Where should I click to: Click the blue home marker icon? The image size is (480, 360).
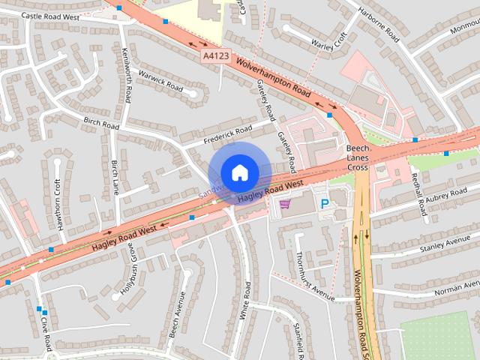coord(239,172)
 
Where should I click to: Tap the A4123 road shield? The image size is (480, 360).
coord(214,56)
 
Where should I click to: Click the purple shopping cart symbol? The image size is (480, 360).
coord(285,203)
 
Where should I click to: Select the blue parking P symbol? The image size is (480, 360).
coord(325,203)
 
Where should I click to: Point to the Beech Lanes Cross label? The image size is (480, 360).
coord(358,158)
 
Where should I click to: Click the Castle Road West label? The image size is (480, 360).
coord(49,15)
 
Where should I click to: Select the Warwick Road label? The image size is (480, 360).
coord(160,82)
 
